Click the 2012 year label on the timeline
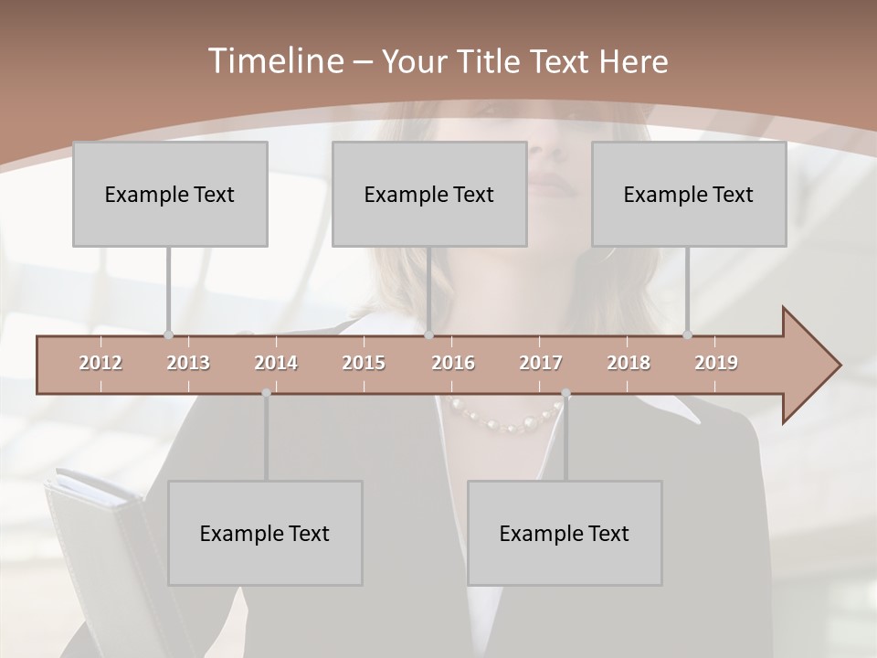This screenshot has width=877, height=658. [x=100, y=363]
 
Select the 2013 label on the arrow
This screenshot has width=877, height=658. [x=188, y=363]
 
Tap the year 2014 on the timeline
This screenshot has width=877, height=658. [x=276, y=363]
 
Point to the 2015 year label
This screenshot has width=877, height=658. [x=364, y=363]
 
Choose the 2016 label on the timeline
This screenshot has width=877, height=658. [x=453, y=363]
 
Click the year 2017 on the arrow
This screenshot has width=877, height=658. [x=541, y=363]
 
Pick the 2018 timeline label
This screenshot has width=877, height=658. [x=629, y=363]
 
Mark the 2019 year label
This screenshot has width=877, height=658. [x=716, y=363]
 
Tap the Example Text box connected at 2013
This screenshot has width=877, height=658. [x=170, y=194]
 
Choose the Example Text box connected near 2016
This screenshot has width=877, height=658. [x=429, y=194]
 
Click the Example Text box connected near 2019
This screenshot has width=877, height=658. [x=689, y=194]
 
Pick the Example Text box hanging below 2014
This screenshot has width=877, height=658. [x=265, y=533]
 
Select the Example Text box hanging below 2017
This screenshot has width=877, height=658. [x=565, y=533]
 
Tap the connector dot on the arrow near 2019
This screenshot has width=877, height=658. [x=688, y=334]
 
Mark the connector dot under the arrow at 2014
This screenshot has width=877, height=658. [x=266, y=393]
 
